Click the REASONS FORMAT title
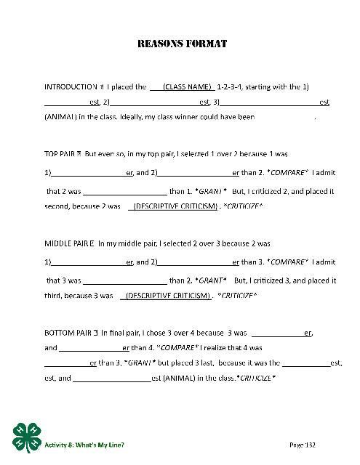[182, 44]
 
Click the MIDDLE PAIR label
[68, 244]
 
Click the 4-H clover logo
[27, 437]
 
